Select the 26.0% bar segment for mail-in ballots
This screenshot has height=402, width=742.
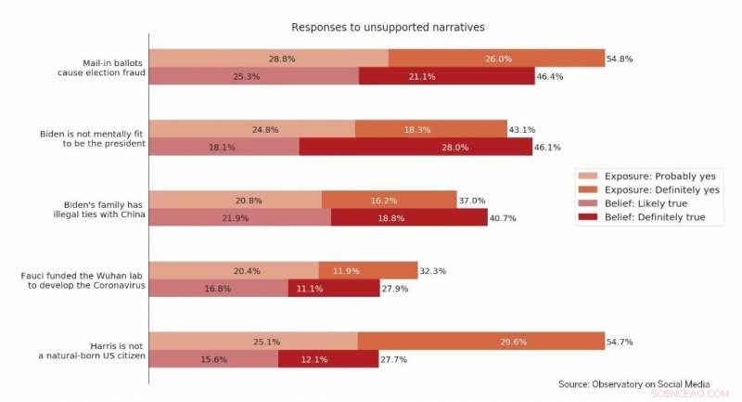[496, 58]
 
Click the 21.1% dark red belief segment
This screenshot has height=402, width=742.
[446, 76]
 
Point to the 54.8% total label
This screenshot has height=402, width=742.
[620, 58]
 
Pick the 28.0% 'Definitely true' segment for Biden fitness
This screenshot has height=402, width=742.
[416, 147]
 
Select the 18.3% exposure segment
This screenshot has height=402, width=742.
[430, 129]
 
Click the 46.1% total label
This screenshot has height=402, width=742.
[548, 147]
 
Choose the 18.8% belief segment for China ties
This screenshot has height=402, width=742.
[409, 217]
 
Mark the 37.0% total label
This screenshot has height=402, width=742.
[471, 200]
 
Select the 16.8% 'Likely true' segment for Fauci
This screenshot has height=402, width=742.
[218, 289]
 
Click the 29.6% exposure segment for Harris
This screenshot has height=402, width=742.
[480, 342]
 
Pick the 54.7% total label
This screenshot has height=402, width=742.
[620, 342]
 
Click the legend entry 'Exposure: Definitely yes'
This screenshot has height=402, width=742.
[661, 189]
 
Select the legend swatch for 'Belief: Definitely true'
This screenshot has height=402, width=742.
[587, 217]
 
